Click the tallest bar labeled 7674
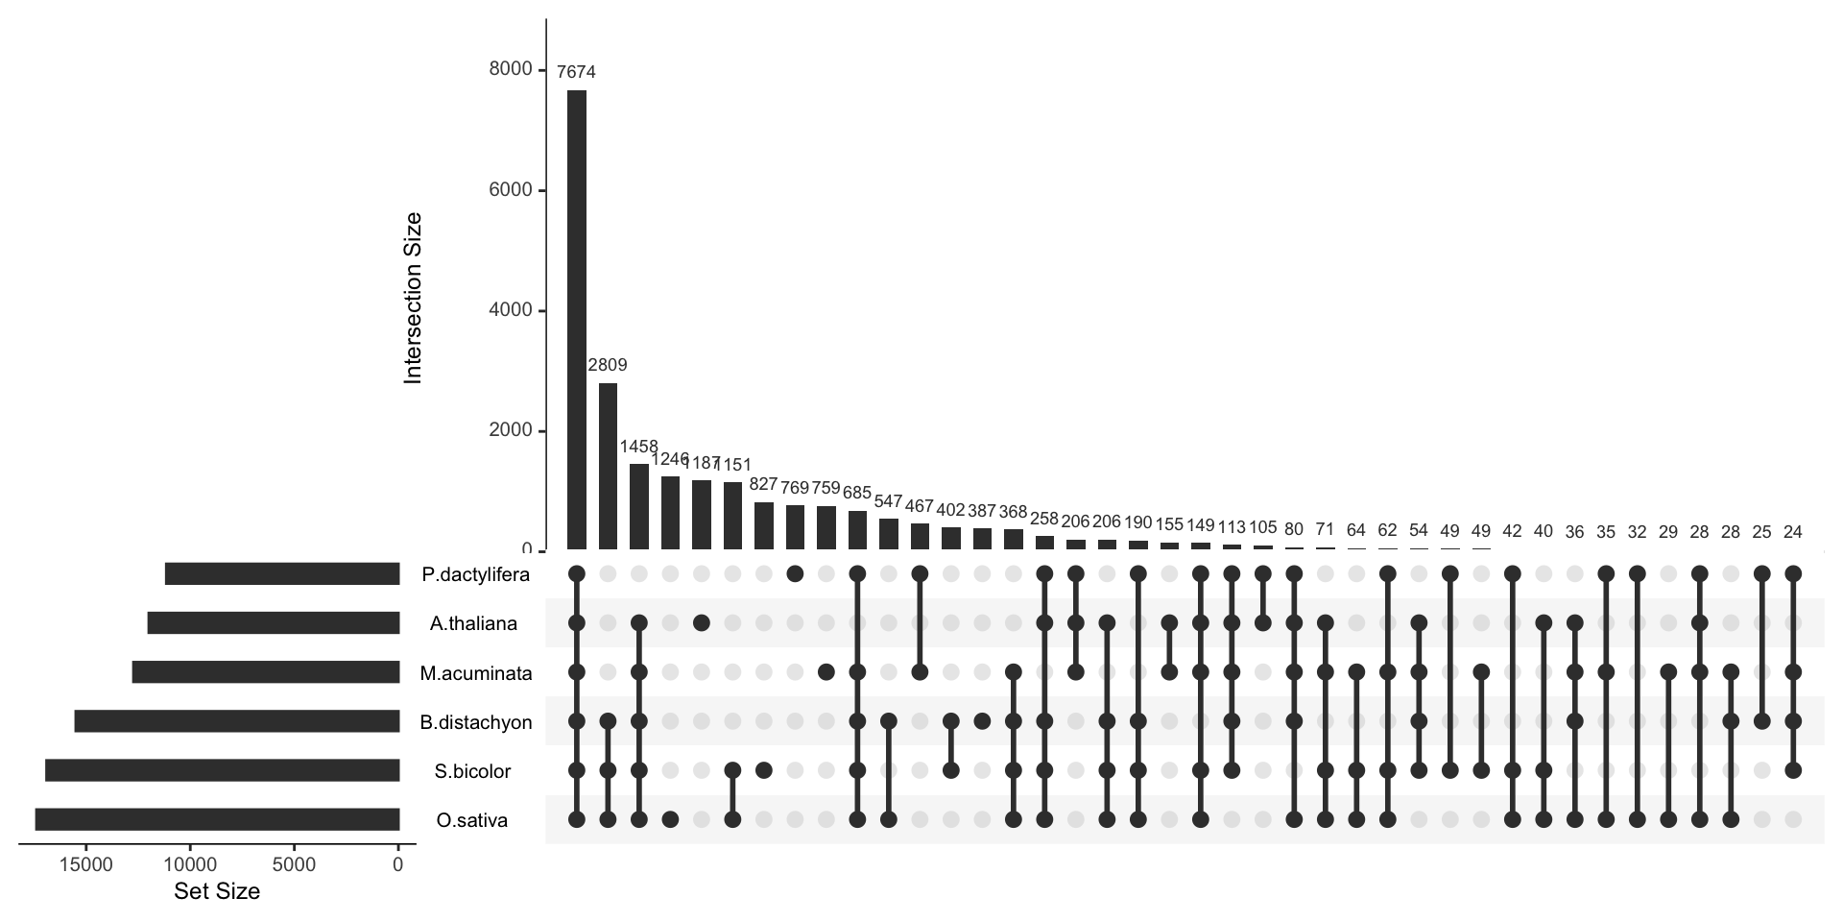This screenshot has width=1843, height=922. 576,320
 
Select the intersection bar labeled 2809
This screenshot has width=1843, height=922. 608,467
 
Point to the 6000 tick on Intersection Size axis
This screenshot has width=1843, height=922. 509,190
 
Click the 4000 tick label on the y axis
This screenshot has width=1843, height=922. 509,310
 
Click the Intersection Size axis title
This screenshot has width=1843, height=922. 414,299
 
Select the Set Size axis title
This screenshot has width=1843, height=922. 217,891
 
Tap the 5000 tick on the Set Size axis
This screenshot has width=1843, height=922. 294,864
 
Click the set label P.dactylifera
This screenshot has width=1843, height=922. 475,575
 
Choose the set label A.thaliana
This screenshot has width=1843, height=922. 473,624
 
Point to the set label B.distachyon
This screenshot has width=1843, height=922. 475,722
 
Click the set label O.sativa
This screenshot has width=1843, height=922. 471,820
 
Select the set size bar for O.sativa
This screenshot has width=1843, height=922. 217,819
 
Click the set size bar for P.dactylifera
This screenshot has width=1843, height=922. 281,574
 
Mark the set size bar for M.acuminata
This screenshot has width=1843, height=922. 265,672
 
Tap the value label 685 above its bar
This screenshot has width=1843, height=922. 857,493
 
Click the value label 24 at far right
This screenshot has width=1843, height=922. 1793,531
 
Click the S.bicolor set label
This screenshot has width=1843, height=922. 472,771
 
